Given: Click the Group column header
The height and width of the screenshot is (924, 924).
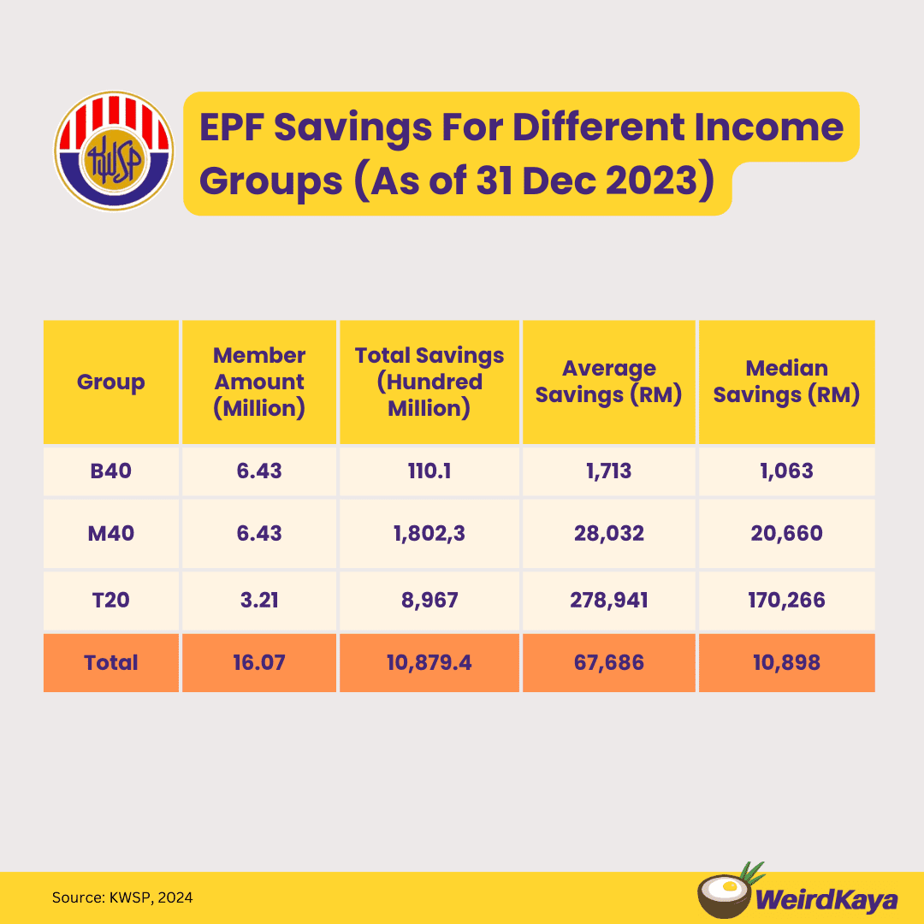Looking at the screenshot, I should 111,382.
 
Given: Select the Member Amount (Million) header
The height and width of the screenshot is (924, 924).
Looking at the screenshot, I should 258,382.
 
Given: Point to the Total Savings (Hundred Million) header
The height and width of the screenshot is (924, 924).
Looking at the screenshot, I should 429,382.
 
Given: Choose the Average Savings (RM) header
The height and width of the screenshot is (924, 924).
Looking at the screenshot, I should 609,382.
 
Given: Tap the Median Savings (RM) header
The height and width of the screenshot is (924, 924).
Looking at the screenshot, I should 786,382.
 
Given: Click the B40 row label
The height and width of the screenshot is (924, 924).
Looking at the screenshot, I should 111,471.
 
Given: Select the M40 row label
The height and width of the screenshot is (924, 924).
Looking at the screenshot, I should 111,534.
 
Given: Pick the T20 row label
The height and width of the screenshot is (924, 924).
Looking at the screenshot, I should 111,600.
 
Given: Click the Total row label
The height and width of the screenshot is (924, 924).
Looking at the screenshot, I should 111,662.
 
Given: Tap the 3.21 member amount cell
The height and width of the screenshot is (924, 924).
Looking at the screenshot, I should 258,600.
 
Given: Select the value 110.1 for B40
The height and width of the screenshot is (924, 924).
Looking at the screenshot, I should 429,471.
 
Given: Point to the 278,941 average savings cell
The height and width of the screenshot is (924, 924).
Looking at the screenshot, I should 609,600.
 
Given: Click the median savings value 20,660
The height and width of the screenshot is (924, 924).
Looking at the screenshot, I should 786,534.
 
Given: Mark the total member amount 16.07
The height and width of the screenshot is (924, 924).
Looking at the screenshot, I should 258,662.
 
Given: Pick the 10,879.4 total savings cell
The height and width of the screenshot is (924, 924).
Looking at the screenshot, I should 429,662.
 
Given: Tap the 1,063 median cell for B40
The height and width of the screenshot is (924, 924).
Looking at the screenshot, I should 786,471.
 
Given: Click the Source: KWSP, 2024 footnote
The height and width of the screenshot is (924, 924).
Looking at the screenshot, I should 122,897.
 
